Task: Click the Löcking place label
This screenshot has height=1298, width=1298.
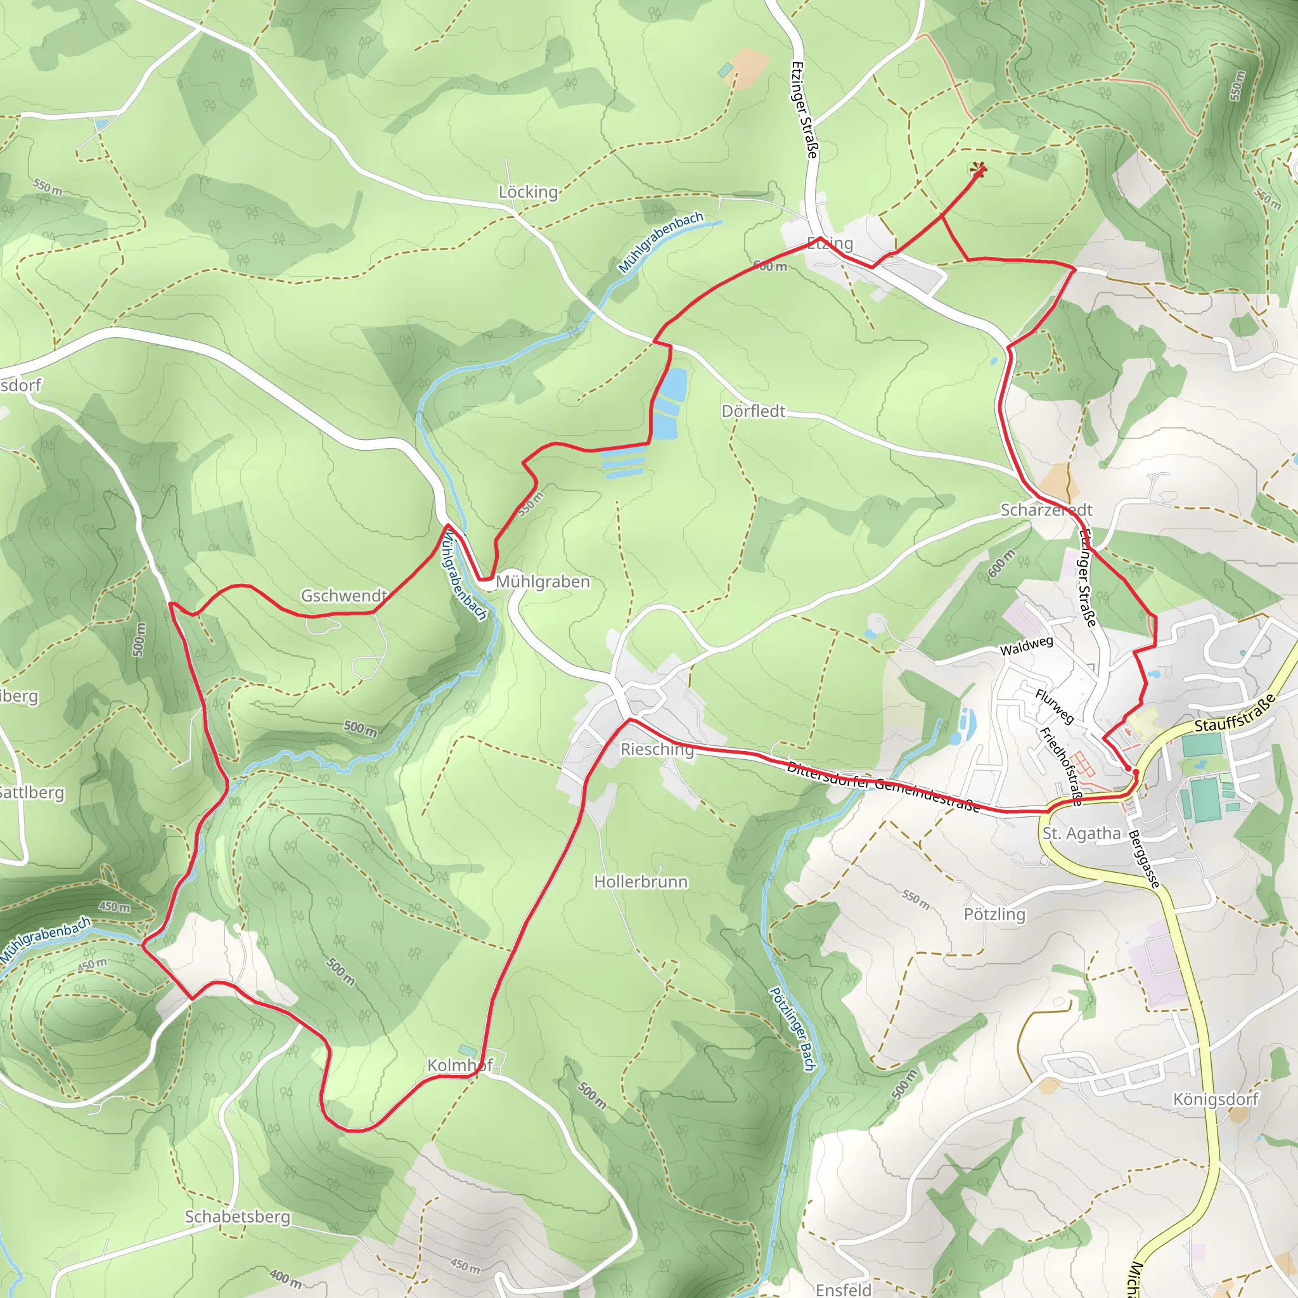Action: pos(528,192)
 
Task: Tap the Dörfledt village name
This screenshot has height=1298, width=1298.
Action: pos(753,411)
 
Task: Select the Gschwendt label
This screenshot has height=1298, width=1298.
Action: pos(344,596)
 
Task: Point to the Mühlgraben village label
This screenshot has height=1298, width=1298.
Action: pos(543,582)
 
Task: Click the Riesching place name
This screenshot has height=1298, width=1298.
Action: pos(657,749)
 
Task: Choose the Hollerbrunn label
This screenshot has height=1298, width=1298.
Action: pos(640,882)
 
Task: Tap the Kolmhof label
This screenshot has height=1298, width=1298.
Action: pos(460,1065)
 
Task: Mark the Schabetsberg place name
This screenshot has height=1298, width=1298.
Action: pos(237,1217)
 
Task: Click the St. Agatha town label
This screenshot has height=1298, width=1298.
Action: pos(1082,834)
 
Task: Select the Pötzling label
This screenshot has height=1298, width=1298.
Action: pos(994,915)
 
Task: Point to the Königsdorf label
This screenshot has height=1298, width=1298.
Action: pos(1216,1099)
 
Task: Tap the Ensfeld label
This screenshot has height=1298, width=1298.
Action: pos(843,1289)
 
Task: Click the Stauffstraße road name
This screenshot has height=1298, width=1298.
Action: pos(1235,714)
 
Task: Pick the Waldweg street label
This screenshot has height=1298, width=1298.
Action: pos(1026,646)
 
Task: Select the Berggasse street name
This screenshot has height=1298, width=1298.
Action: pos(1144,859)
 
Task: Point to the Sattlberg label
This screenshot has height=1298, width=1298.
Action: pos(32,793)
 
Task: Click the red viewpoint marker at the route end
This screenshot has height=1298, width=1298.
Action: pos(978,170)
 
